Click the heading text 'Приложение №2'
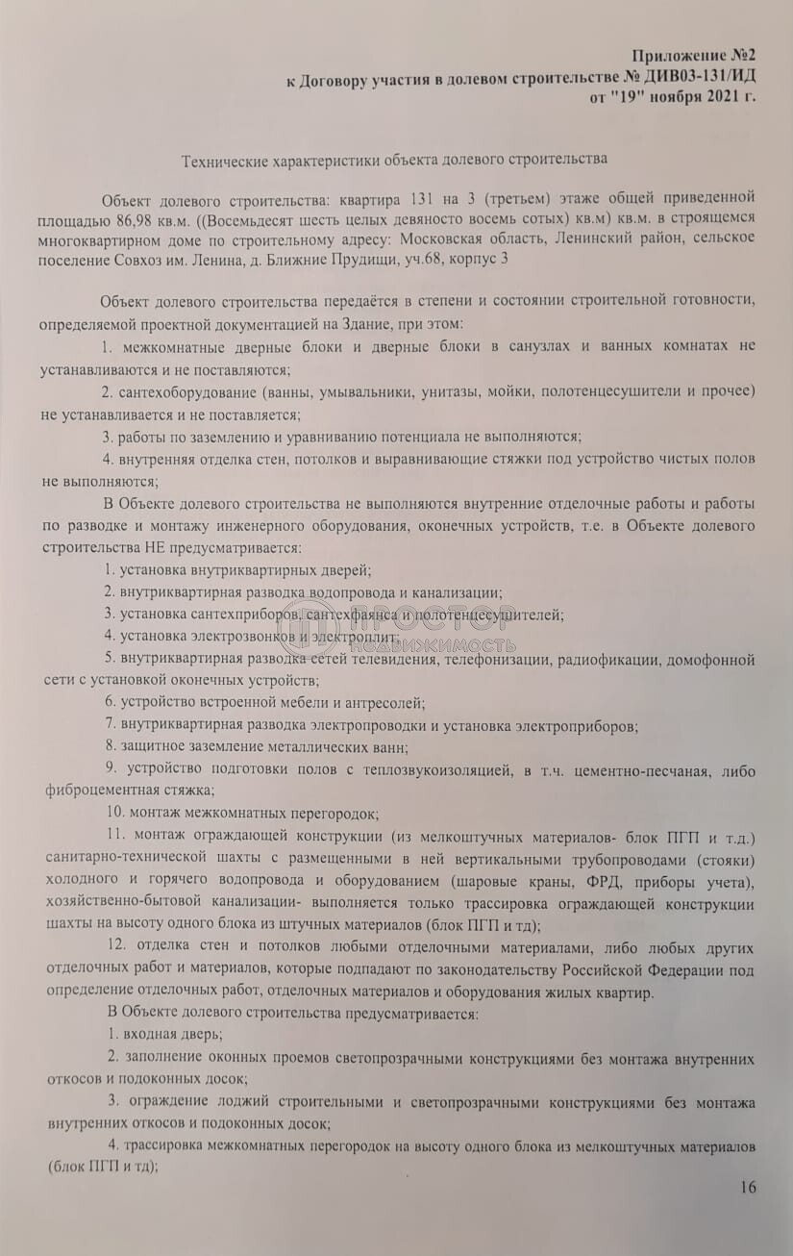689,58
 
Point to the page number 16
749,1187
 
